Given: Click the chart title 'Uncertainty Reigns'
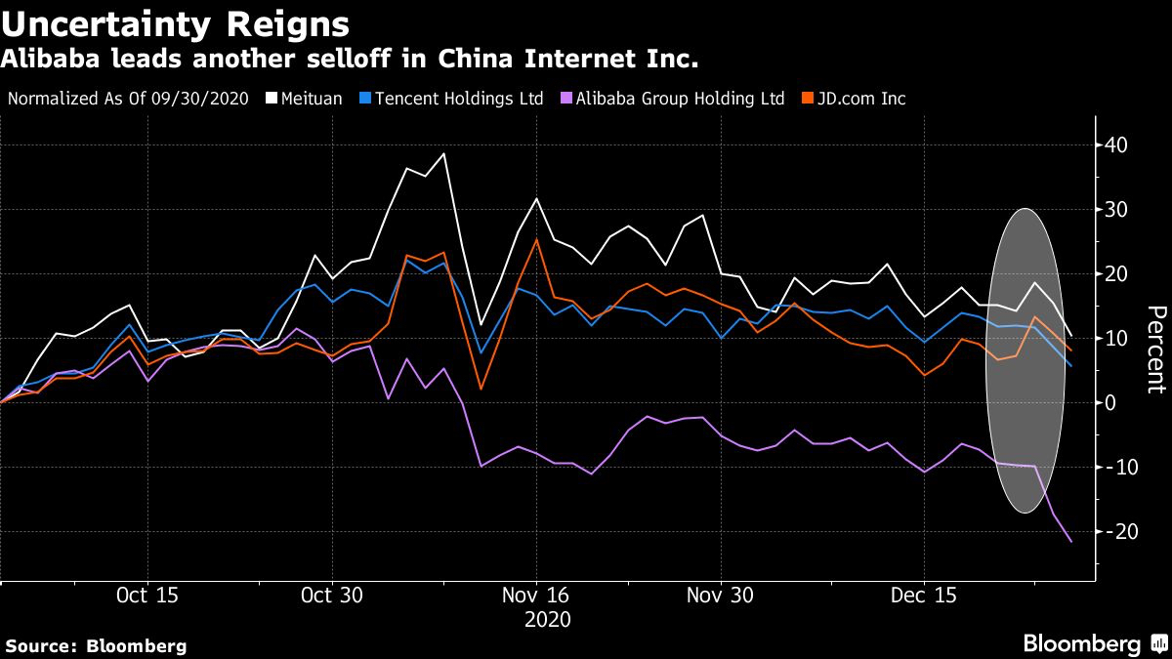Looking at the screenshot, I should pos(175,21).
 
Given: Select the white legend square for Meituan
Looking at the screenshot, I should pos(260,99).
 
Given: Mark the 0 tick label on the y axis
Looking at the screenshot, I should pos(1109,402).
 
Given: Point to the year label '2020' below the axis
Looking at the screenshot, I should pos(547,619).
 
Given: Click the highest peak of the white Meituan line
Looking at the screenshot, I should pos(444,153).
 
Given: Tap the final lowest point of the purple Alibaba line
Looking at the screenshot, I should pos(1071,542).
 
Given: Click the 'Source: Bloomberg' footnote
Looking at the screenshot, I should pos(96,645).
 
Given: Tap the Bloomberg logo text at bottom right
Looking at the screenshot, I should pos(1081,643).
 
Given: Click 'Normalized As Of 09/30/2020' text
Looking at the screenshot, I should pos(128,99).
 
